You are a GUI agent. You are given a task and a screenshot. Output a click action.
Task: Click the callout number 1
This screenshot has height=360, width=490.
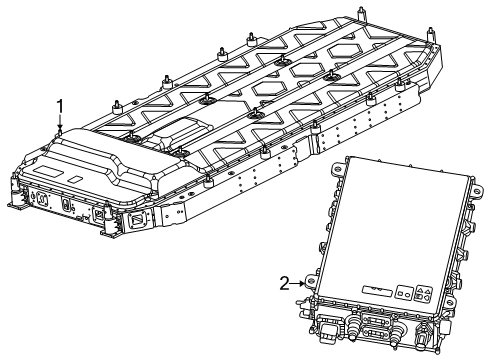tap(61, 105)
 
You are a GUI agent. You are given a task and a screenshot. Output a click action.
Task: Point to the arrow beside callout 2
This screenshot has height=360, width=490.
tap(299, 284)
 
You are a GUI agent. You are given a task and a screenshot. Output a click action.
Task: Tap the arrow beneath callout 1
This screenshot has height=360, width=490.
tap(61, 122)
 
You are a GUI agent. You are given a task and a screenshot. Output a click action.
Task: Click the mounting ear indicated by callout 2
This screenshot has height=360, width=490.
tap(311, 285)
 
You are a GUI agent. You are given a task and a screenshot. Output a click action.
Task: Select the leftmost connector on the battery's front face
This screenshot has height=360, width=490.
tap(43, 198)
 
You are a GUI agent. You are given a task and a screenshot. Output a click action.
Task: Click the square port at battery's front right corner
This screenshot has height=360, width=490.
tap(103, 214)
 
